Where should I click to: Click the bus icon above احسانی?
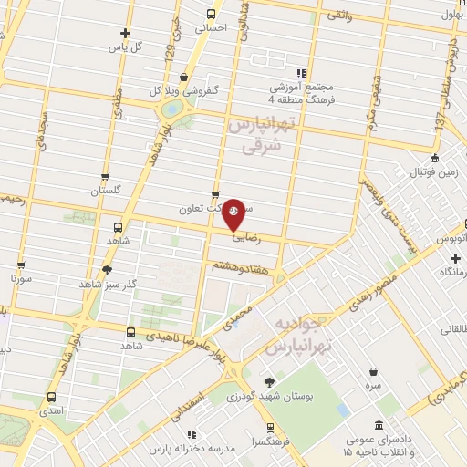tap(212, 14)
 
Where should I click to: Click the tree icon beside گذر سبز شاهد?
tap(108, 269)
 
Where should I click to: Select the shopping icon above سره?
tap(375, 370)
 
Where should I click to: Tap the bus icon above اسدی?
tap(51, 398)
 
